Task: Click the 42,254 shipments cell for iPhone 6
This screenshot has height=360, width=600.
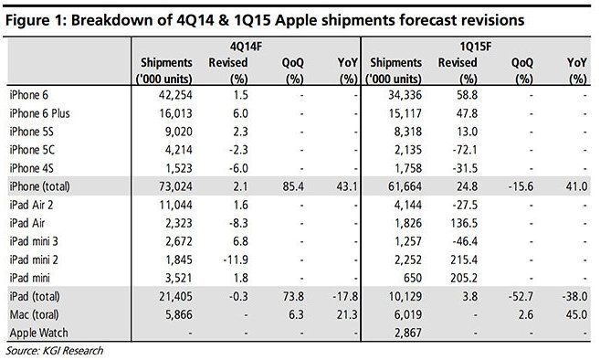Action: click(172, 94)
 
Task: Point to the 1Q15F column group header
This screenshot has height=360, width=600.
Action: click(476, 44)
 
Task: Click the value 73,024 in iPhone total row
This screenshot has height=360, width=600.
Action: click(172, 186)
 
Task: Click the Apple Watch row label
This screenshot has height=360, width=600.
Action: click(36, 333)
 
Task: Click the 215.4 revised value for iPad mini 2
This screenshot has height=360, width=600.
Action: click(465, 259)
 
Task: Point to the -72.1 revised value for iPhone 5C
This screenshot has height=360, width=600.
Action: click(465, 150)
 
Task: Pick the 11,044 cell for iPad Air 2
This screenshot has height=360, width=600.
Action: click(172, 205)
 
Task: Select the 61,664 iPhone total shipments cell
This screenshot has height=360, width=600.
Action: click(403, 186)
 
